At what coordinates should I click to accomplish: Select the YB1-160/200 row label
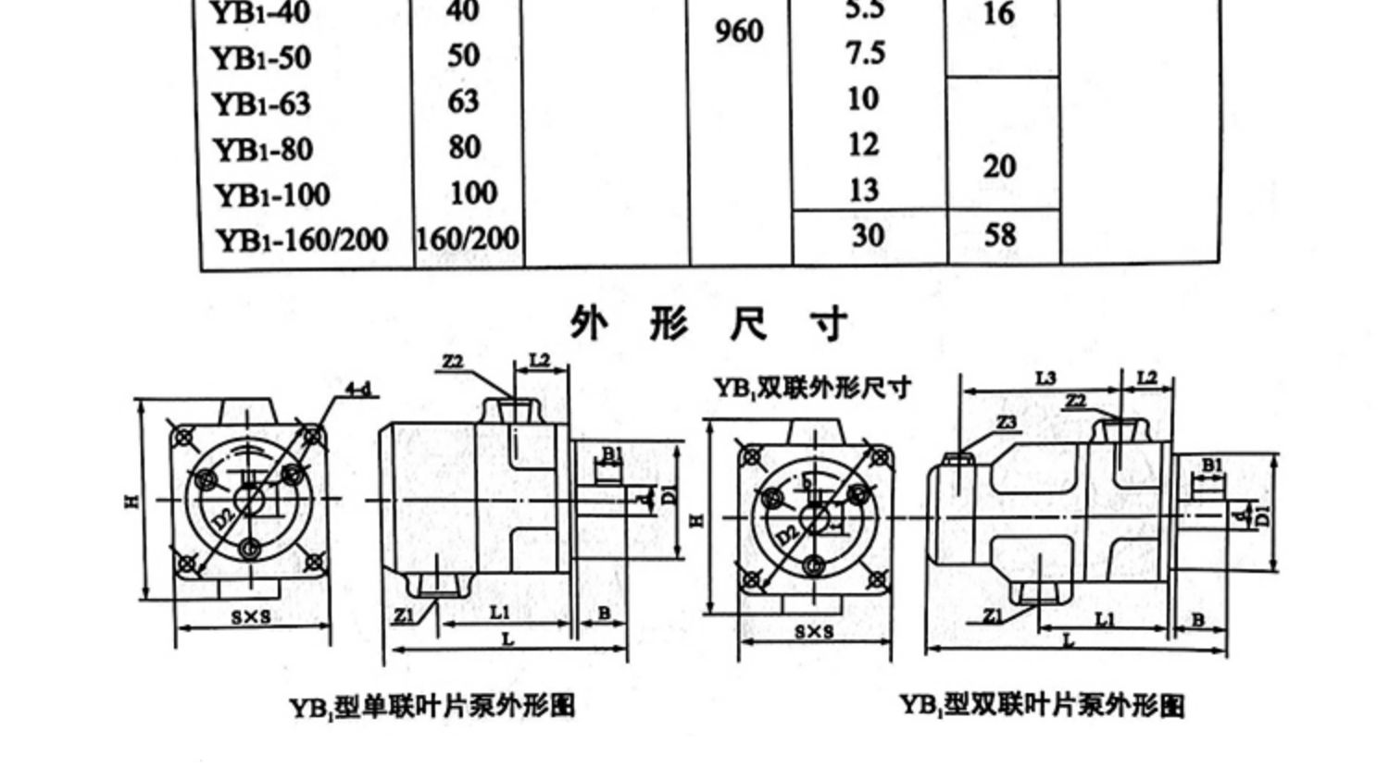302,240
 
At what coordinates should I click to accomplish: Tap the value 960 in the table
739,32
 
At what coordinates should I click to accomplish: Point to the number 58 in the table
1000,235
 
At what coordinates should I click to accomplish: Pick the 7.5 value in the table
865,54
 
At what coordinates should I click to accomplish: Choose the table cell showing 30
868,235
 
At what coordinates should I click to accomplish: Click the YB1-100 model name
272,195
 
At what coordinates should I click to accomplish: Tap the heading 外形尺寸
708,324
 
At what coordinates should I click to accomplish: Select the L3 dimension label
1045,378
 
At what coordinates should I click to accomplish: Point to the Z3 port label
1007,422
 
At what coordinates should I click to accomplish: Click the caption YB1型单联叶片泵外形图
432,707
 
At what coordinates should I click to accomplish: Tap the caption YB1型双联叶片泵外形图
1043,706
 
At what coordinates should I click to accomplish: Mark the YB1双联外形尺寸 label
812,388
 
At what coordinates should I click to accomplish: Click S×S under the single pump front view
251,616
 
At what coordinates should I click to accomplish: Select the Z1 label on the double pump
993,614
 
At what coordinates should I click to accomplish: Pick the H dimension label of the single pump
131,500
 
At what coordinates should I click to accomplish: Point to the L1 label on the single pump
499,612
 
